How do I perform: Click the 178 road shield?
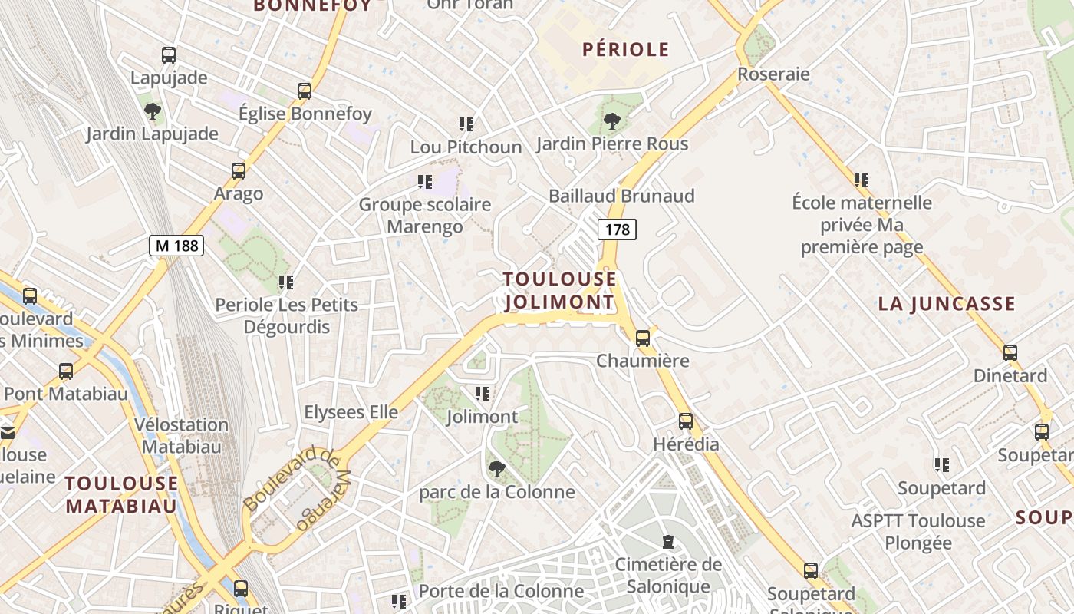[617, 229]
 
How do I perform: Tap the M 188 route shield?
[176, 246]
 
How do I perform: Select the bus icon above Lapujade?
[169, 55]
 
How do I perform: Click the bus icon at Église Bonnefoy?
[305, 91]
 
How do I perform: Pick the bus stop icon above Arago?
[239, 170]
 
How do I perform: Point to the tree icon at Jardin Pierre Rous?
[611, 120]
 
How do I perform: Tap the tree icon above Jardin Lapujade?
[153, 111]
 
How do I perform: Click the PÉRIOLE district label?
[626, 50]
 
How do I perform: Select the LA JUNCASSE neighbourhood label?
[947, 304]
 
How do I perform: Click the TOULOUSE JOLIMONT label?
[560, 290]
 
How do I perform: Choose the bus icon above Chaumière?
[643, 338]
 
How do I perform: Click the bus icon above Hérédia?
[686, 421]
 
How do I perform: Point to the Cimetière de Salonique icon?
[668, 542]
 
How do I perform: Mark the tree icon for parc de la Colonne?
[497, 468]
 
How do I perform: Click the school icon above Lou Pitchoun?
[466, 124]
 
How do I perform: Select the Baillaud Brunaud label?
[621, 196]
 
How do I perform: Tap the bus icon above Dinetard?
[1010, 353]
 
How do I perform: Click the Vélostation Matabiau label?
[182, 435]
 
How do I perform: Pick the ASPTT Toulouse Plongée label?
[918, 532]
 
